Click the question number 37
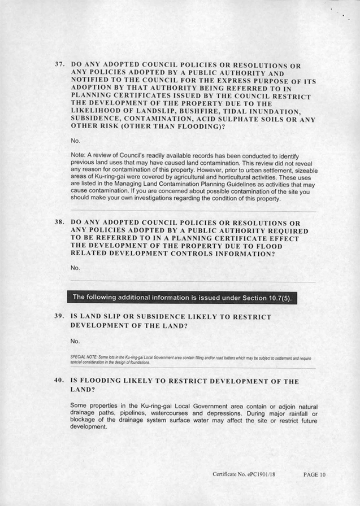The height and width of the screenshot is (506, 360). coord(59,65)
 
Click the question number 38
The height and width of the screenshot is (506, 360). coord(59,223)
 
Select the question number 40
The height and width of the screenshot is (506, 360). coord(59,381)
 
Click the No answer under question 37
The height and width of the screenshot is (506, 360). coord(76,141)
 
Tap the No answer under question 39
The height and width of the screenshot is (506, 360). coord(76,341)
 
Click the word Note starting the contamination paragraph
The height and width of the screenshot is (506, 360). coord(77,155)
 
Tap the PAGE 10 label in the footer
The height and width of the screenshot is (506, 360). coord(314,474)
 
